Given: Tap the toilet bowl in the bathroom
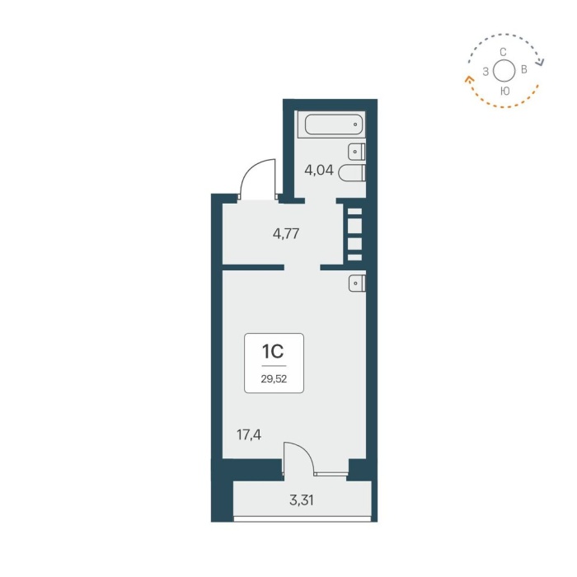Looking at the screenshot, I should [352, 173].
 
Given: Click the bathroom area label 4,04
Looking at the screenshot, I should [319, 171].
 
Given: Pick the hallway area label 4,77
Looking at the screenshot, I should [285, 233].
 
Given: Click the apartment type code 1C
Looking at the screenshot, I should [273, 352].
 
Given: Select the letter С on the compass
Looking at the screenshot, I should [504, 52].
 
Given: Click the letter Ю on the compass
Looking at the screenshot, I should [504, 91].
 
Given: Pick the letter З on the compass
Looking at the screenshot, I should [486, 72].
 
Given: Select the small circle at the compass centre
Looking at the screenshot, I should [504, 71].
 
